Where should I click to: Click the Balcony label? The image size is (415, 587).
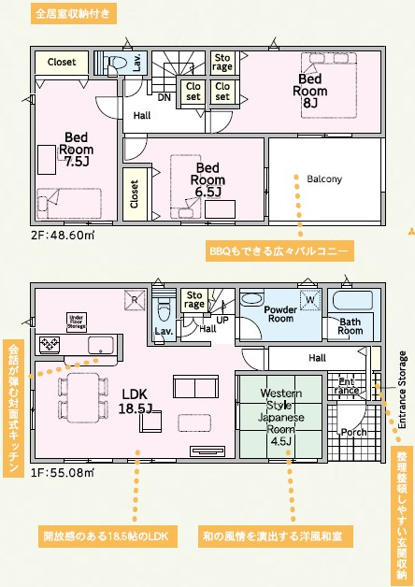click(x=323, y=179)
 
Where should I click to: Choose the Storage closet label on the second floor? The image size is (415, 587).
click(x=222, y=62)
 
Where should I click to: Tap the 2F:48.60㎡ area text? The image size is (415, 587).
click(x=62, y=236)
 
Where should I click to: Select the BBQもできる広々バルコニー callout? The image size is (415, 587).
click(x=279, y=251)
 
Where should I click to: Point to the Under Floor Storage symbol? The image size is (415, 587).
click(x=77, y=322)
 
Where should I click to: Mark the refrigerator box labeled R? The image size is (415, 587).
click(x=134, y=300)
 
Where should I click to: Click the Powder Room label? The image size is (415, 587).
click(x=279, y=315)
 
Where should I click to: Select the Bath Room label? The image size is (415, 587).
click(x=351, y=325)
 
